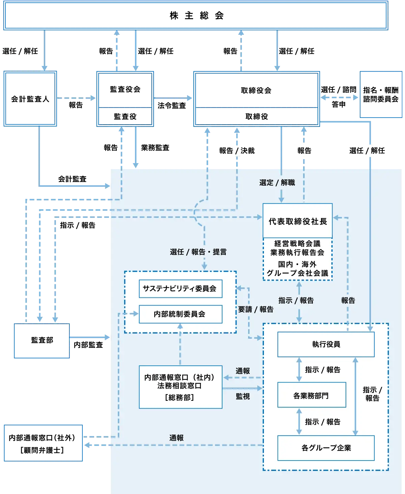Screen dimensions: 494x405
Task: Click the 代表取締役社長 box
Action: (x=298, y=221)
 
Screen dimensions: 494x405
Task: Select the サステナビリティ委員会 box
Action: (x=181, y=289)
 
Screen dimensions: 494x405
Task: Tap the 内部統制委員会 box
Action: (x=181, y=314)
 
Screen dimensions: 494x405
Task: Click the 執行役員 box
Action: (x=326, y=344)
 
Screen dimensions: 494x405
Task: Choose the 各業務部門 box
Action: (x=312, y=395)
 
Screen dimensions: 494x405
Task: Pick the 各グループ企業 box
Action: (x=326, y=448)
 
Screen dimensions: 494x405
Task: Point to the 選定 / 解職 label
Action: (x=277, y=183)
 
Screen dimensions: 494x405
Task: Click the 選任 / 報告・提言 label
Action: (x=198, y=252)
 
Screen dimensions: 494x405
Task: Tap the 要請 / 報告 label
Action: (x=255, y=309)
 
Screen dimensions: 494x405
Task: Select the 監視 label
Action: (x=243, y=396)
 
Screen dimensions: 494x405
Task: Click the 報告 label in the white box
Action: (x=304, y=151)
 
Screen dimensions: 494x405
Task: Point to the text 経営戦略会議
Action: (x=297, y=243)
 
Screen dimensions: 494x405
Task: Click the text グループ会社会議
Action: (x=297, y=273)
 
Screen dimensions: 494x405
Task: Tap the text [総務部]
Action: (x=180, y=397)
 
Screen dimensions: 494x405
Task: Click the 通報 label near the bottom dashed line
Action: (x=176, y=438)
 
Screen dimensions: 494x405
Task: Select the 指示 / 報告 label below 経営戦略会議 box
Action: (x=296, y=300)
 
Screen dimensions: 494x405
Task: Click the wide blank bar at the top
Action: (x=195, y=16)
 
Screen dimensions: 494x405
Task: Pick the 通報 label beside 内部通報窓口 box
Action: (x=243, y=371)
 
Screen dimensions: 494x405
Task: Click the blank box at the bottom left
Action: (x=43, y=443)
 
